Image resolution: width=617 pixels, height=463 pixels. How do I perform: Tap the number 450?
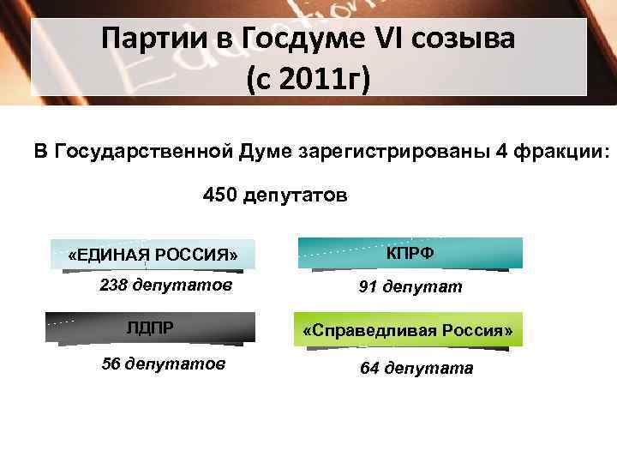[220, 196]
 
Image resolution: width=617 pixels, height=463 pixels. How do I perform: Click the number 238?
[115, 286]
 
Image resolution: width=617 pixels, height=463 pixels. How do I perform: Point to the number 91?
[368, 287]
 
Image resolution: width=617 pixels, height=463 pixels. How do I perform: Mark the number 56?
[111, 364]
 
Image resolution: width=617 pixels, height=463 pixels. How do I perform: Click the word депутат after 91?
[423, 287]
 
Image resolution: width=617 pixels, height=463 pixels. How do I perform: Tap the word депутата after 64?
[428, 369]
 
